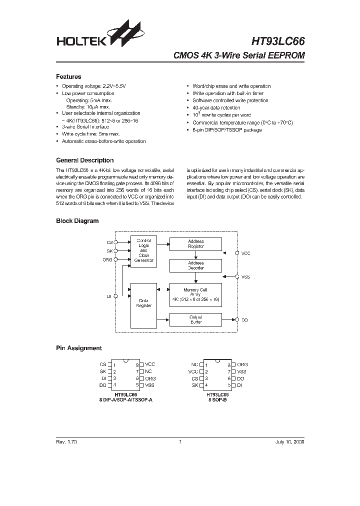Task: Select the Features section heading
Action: (68, 77)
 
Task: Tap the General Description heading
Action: (84, 160)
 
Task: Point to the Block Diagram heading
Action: (77, 220)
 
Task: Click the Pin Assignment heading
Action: (78, 348)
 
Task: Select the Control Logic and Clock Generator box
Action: (143, 250)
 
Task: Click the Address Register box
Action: (195, 244)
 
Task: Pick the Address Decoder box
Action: (195, 265)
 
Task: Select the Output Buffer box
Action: (195, 319)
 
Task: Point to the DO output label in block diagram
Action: (245, 320)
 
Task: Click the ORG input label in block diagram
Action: (108, 259)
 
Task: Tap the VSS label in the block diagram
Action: (245, 276)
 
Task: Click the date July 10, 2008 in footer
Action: (289, 442)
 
